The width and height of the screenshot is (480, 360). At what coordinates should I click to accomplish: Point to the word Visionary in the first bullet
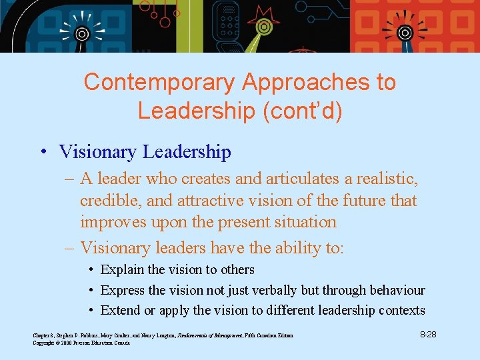coord(98,152)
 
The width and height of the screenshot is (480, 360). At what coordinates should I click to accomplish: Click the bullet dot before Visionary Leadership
coord(42,153)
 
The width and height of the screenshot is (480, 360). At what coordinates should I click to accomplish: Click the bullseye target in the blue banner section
coord(82,33)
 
